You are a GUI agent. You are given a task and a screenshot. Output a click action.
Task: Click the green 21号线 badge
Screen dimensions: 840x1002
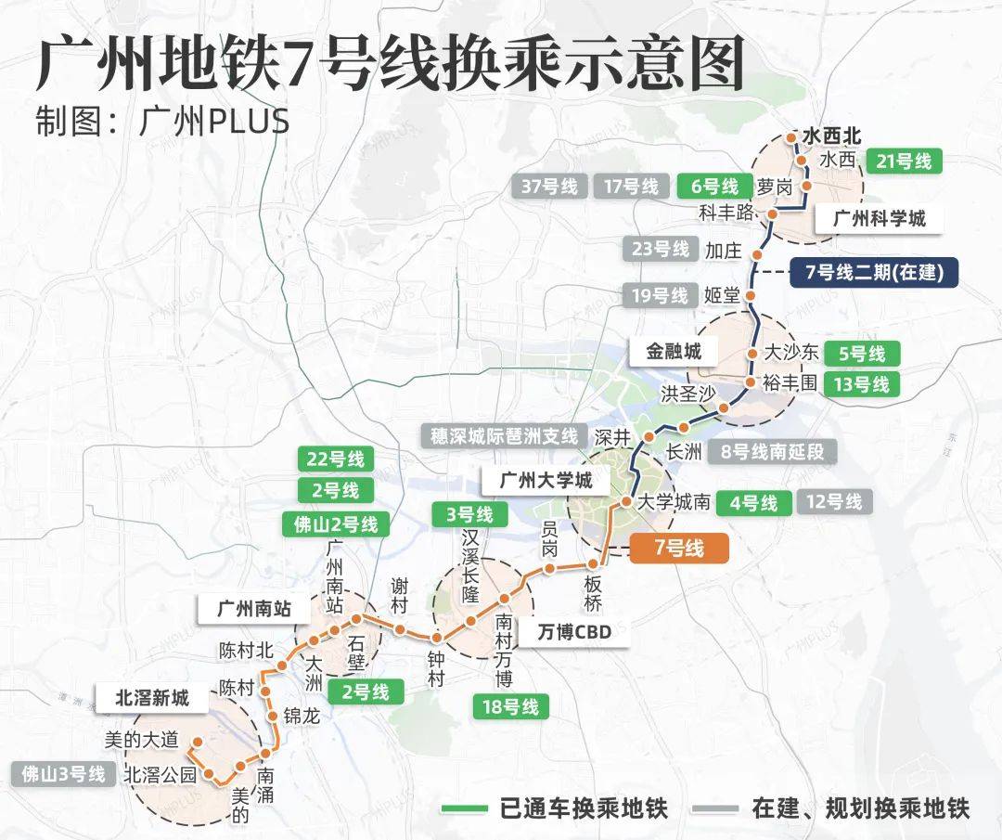tap(904, 161)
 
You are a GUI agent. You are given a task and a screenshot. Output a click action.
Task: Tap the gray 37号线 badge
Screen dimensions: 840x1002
tap(549, 186)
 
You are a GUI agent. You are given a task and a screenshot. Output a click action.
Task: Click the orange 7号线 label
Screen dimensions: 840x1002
tap(679, 548)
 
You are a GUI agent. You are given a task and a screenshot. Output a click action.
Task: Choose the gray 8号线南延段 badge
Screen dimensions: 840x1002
tap(771, 452)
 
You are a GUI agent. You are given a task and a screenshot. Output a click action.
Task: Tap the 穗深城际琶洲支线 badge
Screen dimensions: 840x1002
tap(504, 434)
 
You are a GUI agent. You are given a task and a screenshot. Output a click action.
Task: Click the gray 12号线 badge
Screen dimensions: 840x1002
tap(834, 502)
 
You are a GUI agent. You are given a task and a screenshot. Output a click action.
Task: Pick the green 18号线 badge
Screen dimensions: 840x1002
tap(510, 706)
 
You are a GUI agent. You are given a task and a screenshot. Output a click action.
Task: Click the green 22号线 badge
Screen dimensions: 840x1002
tap(336, 459)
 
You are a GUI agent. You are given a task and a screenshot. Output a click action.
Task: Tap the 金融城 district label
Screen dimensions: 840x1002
tap(665, 351)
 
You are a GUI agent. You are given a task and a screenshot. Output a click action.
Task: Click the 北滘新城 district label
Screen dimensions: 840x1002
tap(151, 698)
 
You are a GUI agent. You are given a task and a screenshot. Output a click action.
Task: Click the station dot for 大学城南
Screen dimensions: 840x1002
tap(626, 502)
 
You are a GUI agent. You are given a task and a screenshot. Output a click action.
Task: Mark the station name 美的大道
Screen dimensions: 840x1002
tap(142, 740)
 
